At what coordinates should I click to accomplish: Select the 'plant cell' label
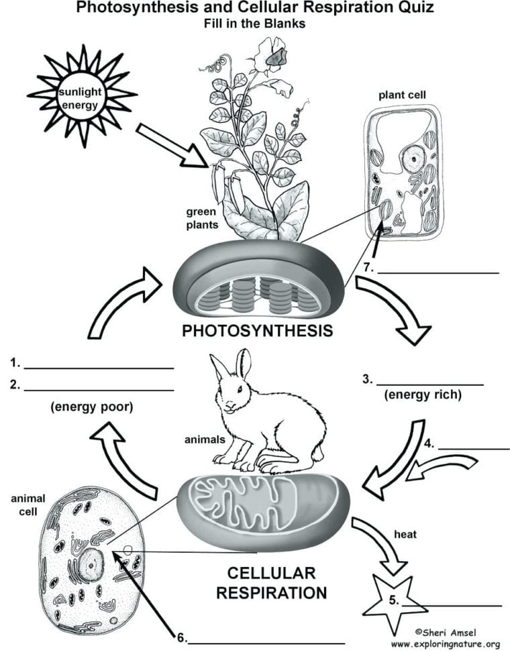coord(402,95)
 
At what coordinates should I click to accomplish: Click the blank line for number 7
coord(438,272)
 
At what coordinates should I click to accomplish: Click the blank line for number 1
coord(99,368)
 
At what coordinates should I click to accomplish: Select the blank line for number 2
coord(99,390)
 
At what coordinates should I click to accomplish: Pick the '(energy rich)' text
coord(423,395)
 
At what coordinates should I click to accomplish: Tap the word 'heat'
coord(405,534)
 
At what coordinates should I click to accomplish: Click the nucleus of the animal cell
coord(89,565)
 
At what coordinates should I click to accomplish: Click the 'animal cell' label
coord(28,503)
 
